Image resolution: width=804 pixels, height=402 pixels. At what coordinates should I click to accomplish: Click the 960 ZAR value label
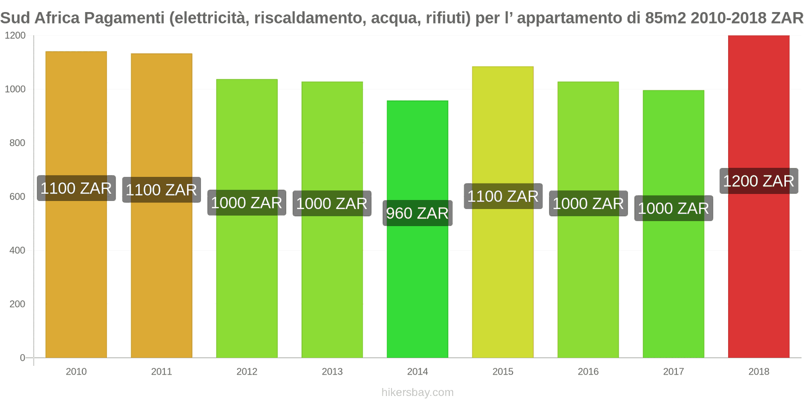click(418, 213)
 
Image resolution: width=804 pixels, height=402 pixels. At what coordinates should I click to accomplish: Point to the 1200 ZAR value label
click(759, 181)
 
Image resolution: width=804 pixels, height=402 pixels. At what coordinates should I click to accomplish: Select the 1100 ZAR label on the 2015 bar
click(503, 196)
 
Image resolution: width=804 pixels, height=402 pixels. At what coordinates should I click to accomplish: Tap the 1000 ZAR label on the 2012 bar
click(247, 203)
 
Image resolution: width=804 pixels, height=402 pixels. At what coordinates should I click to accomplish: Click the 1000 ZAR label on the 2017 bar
click(673, 208)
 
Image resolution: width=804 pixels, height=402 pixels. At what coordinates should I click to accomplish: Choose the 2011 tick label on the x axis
click(161, 371)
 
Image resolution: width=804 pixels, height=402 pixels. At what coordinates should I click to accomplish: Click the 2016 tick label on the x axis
click(588, 371)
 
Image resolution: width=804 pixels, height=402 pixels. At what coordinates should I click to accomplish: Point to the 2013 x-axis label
click(332, 371)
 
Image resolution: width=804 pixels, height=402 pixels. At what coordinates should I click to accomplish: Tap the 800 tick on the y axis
click(17, 143)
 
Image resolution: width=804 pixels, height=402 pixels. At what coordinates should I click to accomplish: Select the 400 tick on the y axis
click(17, 250)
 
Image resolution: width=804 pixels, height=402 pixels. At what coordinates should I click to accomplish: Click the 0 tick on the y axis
click(22, 358)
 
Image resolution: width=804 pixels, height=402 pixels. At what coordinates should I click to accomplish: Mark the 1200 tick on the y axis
click(15, 36)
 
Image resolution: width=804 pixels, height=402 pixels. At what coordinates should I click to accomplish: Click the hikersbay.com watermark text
click(418, 392)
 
